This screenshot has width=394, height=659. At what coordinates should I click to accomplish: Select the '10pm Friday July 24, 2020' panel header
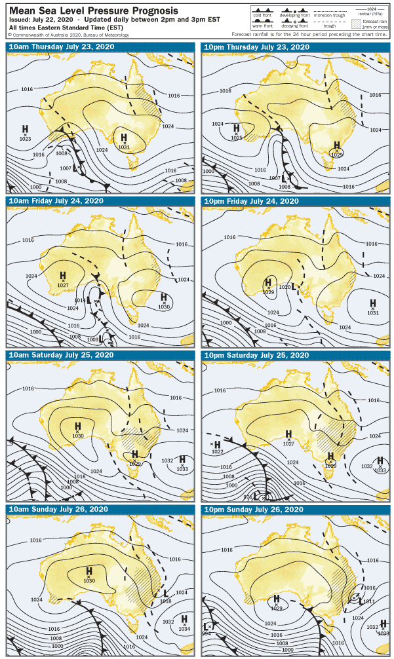pyautogui.click(x=251, y=200)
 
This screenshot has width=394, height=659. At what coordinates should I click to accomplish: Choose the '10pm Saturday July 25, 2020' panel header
pyautogui.click(x=256, y=355)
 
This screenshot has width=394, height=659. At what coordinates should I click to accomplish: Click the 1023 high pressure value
pyautogui.click(x=25, y=139)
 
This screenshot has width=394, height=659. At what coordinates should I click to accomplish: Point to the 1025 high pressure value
pyautogui.click(x=237, y=138)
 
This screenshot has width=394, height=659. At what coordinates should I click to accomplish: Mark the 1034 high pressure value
pyautogui.click(x=184, y=629)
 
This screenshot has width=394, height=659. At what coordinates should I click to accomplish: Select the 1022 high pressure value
pyautogui.click(x=218, y=452)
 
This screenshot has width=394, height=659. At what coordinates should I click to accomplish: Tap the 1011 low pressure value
pyautogui.click(x=368, y=600)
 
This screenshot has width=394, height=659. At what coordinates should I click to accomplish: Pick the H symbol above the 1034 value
pyautogui.click(x=184, y=619)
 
